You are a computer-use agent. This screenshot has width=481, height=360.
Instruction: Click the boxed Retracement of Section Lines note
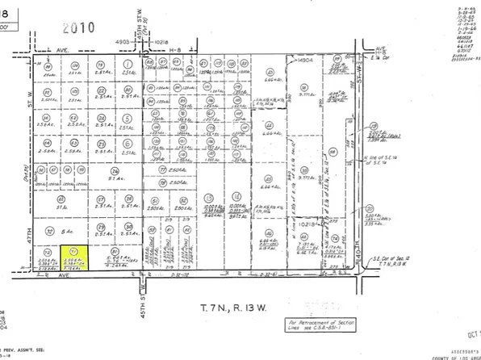click(314, 326)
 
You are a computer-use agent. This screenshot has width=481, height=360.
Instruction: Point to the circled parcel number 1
click(128, 64)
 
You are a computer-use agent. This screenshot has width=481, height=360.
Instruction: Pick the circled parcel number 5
click(128, 145)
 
